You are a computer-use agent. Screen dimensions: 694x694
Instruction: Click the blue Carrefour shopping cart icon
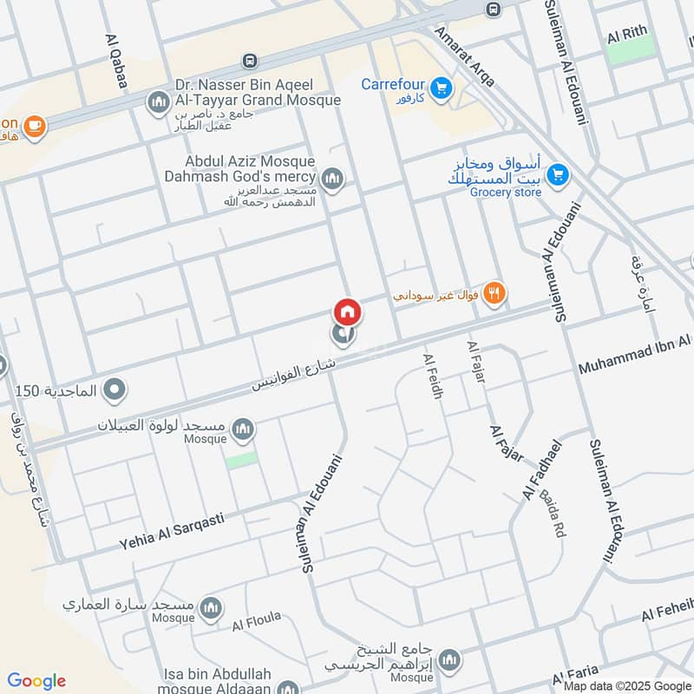coord(442,88)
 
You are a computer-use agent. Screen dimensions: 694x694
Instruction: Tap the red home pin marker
coord(347,311)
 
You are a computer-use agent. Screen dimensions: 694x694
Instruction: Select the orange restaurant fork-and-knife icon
coord(494,294)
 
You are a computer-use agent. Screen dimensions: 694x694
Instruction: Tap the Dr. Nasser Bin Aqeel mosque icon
coord(158,104)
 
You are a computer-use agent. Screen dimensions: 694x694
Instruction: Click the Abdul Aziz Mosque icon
coord(332,180)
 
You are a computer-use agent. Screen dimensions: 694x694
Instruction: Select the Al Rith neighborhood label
coord(627,35)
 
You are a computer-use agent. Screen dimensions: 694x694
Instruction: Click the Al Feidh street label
coord(433,376)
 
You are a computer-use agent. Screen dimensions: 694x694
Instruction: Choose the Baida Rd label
coord(552,514)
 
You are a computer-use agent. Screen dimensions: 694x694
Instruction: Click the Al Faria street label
coord(576,678)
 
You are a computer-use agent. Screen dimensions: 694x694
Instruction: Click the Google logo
coord(36,681)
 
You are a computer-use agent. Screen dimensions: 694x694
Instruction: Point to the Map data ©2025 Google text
coord(625,685)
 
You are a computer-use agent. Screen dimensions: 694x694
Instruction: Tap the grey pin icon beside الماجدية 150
coord(114,392)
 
